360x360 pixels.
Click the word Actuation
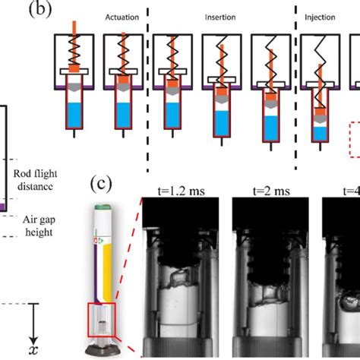[122, 17]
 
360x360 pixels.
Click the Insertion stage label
[220, 17]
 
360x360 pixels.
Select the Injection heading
[320, 17]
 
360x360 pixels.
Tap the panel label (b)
[40, 9]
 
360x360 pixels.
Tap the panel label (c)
[101, 184]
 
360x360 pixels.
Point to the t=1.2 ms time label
[181, 191]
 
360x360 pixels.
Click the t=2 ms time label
[271, 191]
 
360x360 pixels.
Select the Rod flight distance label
[35, 180]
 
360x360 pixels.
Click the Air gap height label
[39, 226]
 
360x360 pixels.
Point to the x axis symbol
[33, 350]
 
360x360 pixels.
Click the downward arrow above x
[33, 323]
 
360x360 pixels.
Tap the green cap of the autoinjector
[103, 207]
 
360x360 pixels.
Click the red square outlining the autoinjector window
[88, 320]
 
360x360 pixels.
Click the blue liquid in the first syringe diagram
[74, 115]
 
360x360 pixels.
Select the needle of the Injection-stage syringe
[321, 147]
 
